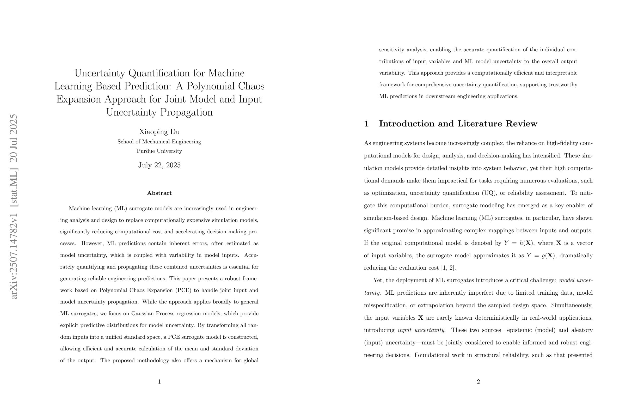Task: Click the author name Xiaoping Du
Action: click(x=159, y=132)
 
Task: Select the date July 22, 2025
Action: click(x=159, y=165)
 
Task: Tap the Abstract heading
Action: click(x=159, y=193)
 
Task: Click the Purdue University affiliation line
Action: click(x=159, y=151)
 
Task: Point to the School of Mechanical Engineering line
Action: click(x=159, y=142)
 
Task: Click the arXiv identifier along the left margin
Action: click(x=13, y=207)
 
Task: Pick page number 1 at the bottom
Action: click(x=159, y=382)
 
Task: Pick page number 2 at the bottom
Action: click(x=478, y=382)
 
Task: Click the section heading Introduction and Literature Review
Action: click(x=458, y=124)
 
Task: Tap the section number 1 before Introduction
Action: click(x=366, y=124)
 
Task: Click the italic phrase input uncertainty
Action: click(x=421, y=330)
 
